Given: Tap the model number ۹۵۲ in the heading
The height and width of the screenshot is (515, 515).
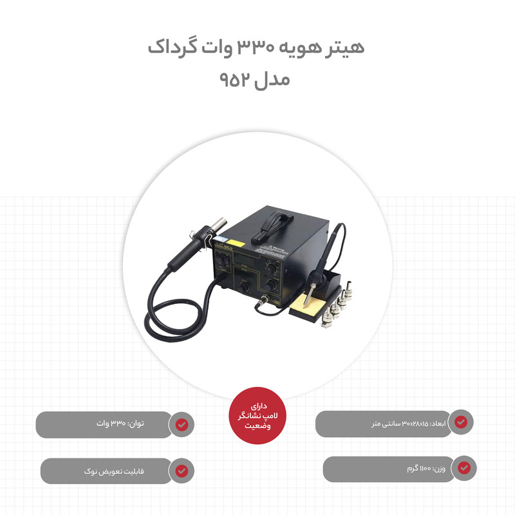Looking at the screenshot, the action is pos(234,80).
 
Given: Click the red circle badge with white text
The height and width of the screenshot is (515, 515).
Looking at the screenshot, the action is pos(257,416).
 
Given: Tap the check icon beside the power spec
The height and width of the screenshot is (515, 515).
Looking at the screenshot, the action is pos(182,425).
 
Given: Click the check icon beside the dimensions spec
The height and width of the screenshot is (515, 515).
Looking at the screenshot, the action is pos(461,422).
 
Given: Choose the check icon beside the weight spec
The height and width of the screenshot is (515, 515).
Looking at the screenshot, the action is pos(464,468).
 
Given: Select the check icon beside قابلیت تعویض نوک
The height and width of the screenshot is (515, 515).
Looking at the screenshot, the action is pos(182,471).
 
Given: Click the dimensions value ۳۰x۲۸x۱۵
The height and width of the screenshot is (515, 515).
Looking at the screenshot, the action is pos(415,424).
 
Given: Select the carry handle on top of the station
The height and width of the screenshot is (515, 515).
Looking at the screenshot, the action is pos(272,226).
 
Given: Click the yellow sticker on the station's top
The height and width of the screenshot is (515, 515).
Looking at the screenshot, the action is pos(236,244).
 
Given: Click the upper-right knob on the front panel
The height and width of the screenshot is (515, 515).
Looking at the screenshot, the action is pos(271,268).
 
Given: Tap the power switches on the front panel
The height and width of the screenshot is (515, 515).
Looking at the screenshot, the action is pos(223,262).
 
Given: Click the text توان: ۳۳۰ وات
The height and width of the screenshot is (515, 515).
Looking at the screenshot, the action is pos(120,424).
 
